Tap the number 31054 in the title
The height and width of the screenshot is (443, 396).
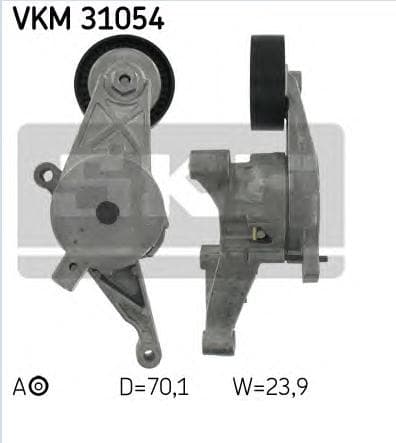point(117,17)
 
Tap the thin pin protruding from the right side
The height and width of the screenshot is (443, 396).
point(327,262)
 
